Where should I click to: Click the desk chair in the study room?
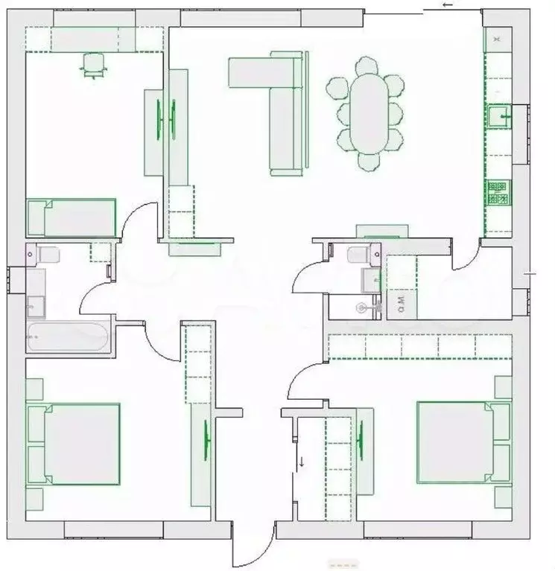[x=93, y=64]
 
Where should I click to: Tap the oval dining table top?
[x=367, y=112]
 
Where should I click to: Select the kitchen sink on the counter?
[x=498, y=116]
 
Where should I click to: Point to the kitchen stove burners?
[x=497, y=193]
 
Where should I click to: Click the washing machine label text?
[x=401, y=304]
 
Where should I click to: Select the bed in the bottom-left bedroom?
[x=74, y=444]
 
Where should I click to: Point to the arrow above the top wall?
[x=448, y=5]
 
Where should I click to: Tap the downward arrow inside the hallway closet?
[x=302, y=461]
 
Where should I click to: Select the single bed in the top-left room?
[x=72, y=217]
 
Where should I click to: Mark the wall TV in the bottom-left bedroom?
[x=206, y=440]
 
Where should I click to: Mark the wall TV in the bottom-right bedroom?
[x=361, y=438]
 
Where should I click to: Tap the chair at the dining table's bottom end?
[x=368, y=162]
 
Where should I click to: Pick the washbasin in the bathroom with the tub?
[x=35, y=304]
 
